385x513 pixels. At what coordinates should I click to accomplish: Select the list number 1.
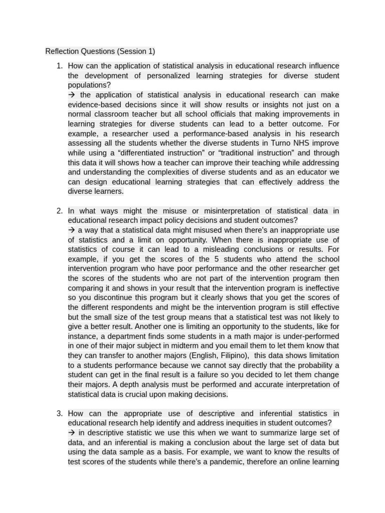pyautogui.click(x=59, y=66)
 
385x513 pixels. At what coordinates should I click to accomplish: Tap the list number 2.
pyautogui.click(x=59, y=211)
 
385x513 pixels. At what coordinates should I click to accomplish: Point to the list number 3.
pyautogui.click(x=59, y=413)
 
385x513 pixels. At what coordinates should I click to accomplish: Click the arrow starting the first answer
pyautogui.click(x=71, y=95)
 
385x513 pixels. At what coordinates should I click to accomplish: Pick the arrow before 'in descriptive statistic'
pyautogui.click(x=71, y=432)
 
